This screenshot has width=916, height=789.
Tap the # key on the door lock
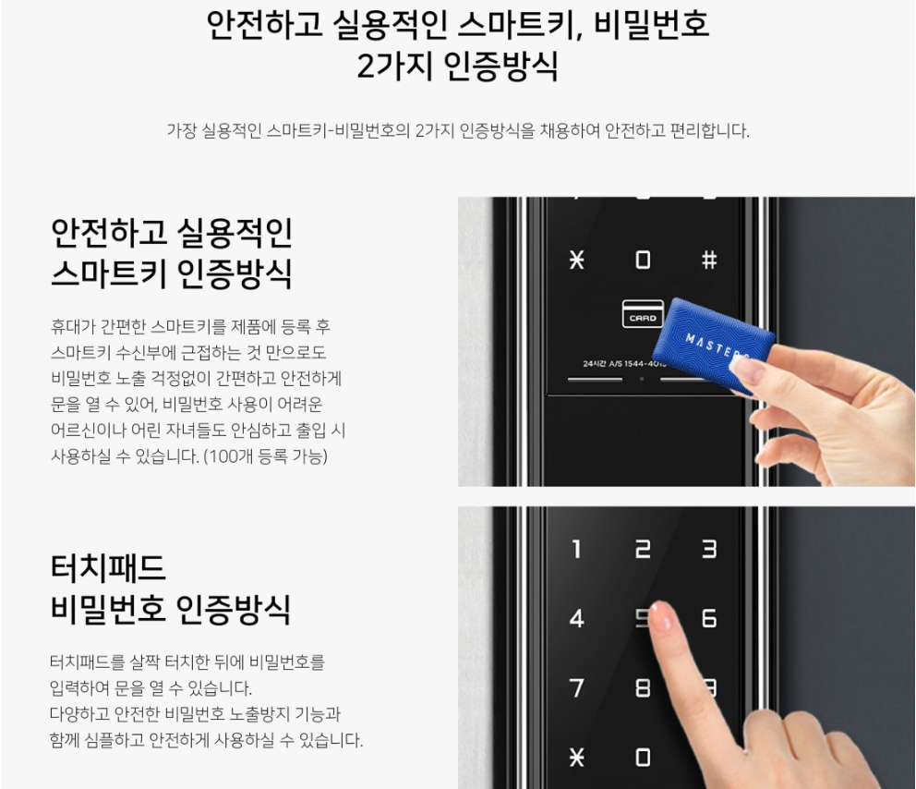pos(709,260)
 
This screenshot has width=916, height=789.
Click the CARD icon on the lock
pos(643,313)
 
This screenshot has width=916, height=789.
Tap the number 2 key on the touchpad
pos(643,549)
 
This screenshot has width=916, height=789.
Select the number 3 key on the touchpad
pos(709,549)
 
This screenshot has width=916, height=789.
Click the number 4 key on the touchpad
pos(576,618)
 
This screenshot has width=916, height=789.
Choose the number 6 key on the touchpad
pos(709,618)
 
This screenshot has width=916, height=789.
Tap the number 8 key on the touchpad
pos(643,688)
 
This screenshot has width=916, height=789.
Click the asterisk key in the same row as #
pos(576,260)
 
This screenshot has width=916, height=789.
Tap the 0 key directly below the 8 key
pos(643,758)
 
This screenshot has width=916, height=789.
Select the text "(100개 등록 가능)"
pos(265,455)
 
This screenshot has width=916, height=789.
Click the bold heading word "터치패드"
pos(108,567)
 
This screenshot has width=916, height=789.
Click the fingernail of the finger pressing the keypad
pos(661,616)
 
